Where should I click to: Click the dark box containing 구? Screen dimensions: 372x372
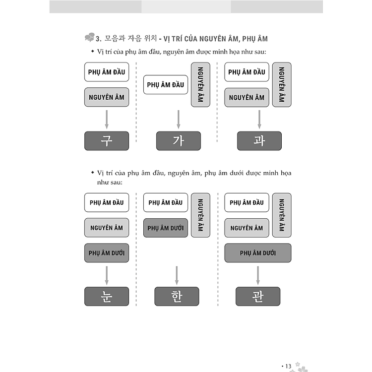tap(107, 141)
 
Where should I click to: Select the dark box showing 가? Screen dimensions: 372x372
tap(179, 141)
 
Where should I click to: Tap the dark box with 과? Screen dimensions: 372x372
tap(259, 141)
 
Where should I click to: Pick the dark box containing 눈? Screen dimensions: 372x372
tap(107, 297)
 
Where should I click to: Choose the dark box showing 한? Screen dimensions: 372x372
tap(177, 297)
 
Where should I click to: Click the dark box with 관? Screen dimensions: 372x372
tap(258, 297)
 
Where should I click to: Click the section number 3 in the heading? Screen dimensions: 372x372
tap(98, 38)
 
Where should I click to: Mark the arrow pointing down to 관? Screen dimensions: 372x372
tap(258, 275)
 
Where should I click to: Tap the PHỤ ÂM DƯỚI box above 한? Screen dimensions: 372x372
tap(166, 228)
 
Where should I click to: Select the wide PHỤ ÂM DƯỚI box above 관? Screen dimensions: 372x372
tap(258, 253)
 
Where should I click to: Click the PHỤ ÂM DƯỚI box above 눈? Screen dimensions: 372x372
tap(107, 253)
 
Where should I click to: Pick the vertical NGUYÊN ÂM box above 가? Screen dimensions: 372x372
tap(200, 84)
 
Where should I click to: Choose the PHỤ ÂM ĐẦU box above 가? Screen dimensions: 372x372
tap(166, 85)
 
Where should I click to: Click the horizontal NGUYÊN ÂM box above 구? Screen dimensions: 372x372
tap(107, 97)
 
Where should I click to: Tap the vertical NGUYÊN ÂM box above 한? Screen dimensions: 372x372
tap(200, 215)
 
